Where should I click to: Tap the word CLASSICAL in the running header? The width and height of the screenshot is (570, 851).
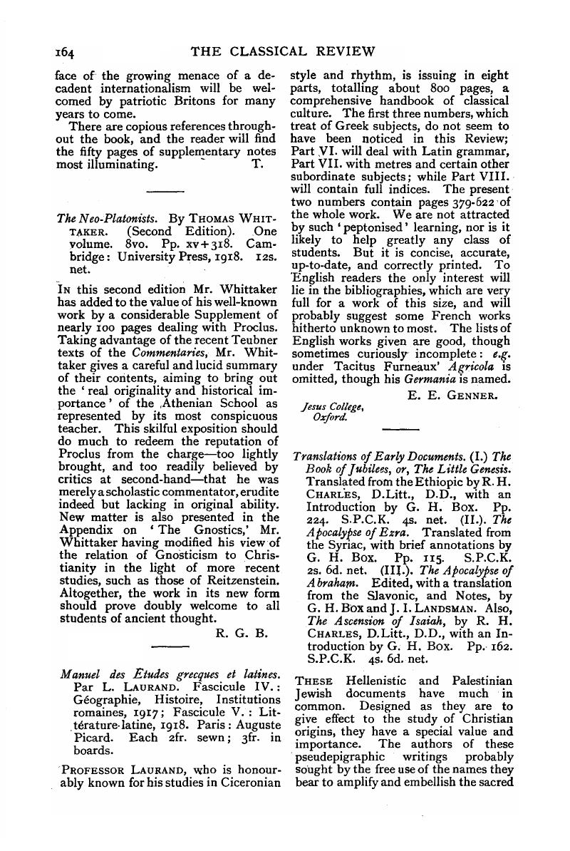pos(283,51)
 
